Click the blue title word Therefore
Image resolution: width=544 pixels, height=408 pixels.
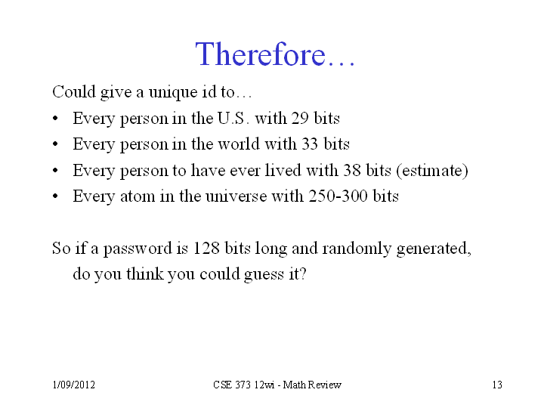pyautogui.click(x=260, y=54)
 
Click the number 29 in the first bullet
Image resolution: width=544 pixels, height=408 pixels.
pyautogui.click(x=300, y=118)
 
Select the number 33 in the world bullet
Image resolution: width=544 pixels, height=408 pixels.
pyautogui.click(x=310, y=144)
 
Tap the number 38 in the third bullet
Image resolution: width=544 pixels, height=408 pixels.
pyautogui.click(x=352, y=170)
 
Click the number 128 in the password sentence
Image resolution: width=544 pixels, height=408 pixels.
pyautogui.click(x=206, y=248)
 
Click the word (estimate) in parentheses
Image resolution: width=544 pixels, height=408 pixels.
pyautogui.click(x=432, y=171)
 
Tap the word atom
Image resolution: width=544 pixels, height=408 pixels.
pyautogui.click(x=138, y=196)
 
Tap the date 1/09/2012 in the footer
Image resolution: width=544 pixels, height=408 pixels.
pyautogui.click(x=73, y=385)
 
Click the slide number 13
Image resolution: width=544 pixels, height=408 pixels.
pyautogui.click(x=497, y=385)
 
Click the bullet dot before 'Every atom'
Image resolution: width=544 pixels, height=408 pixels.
pyautogui.click(x=55, y=196)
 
